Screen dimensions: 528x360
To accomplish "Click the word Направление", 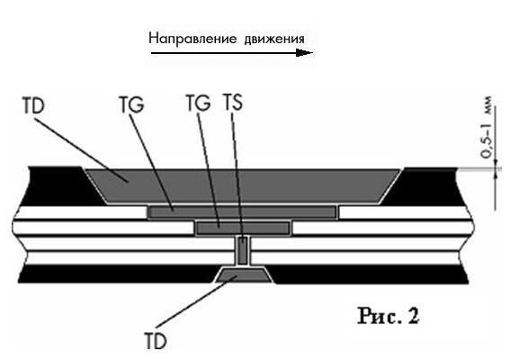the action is coord(193,39).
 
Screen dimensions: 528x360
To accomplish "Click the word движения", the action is coord(274,39).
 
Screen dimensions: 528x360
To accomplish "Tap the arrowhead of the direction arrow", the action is coord(305,52).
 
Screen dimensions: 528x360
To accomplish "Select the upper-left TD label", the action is coord(33,105).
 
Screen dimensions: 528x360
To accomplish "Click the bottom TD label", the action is coord(156,340).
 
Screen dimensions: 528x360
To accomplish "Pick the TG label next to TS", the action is coord(198,103).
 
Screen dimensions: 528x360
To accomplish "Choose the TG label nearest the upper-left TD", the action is coord(131,104).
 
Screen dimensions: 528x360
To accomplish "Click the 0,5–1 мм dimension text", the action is coord(487,128).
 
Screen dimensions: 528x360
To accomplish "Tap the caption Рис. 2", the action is coord(389,316).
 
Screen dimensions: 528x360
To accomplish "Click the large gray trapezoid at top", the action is coord(243,186).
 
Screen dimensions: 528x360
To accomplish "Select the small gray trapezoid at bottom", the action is coord(243,274).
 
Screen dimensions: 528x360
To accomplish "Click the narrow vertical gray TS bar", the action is coord(243,250).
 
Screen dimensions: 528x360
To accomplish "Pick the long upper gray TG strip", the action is coord(243,212).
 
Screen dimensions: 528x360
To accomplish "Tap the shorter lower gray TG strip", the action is coord(243,228).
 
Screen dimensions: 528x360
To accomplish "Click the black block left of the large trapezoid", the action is coord(60,186).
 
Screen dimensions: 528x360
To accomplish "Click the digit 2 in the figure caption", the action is coord(414,316).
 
